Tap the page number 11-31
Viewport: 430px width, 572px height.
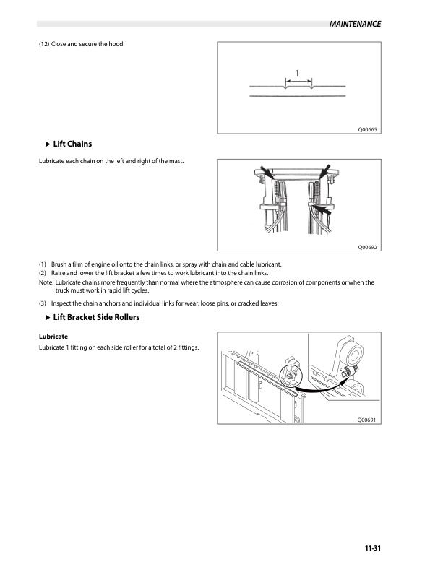tap(371, 548)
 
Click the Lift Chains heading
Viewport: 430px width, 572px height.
tap(72, 144)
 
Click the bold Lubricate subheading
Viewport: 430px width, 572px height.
tap(53, 337)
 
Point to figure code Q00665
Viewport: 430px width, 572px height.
tap(368, 129)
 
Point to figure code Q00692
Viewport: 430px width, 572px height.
tap(368, 247)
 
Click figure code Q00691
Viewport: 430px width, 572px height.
tap(368, 420)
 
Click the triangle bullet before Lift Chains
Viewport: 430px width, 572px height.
tap(48, 144)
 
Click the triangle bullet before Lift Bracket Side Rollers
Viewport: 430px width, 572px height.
tap(48, 318)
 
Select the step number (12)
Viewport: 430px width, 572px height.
tap(44, 45)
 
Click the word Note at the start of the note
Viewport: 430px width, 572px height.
tap(46, 282)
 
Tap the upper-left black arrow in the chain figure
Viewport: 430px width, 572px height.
tap(266, 173)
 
